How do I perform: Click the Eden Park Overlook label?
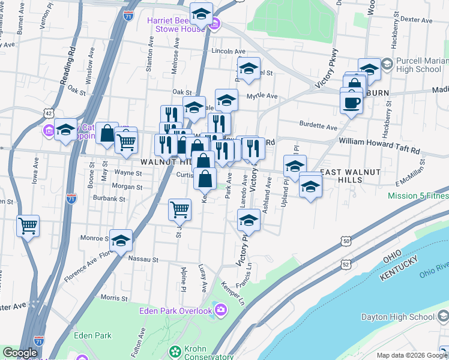point(175,310)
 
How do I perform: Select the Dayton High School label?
point(397,317)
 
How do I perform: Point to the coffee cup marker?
point(351,102)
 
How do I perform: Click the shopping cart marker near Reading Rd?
point(28,226)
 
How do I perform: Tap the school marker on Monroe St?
point(121,240)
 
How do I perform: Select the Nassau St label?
point(143,260)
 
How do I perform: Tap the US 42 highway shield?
point(49,113)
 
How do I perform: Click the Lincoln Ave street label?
point(233,52)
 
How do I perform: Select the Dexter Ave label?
point(416,19)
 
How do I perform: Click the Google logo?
point(20,353)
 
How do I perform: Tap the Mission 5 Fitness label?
point(418,196)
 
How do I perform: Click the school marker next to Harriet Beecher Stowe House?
point(202,13)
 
